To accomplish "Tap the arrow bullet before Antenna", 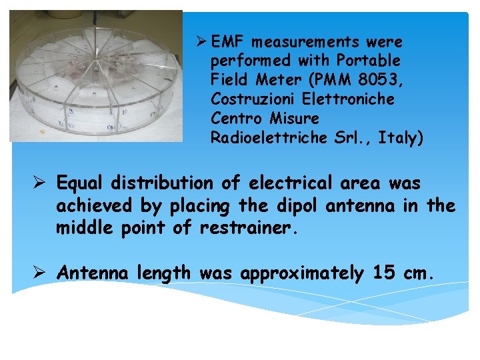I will tap(41, 273).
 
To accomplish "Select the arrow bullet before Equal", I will tap(41, 183).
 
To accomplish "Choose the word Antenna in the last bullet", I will tap(93, 273).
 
